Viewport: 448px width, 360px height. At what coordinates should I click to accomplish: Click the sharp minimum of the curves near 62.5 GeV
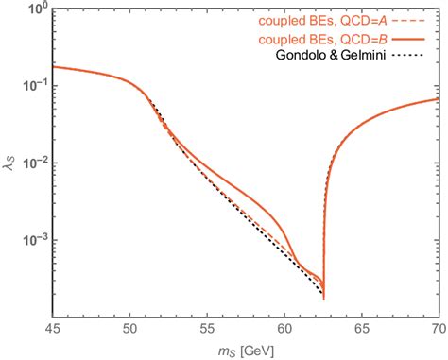323,297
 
